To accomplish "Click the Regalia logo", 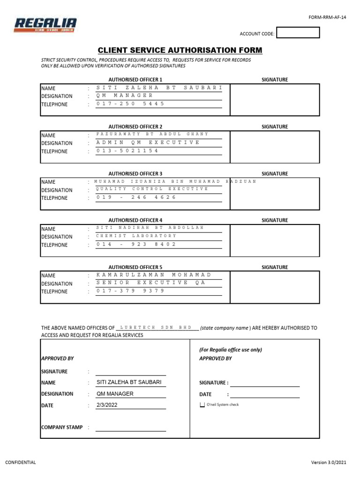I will [45, 25].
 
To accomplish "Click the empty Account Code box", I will [298, 33].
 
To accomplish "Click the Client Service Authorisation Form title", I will [180, 51].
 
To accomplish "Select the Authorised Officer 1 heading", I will [135, 80].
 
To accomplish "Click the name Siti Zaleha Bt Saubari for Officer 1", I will [159, 88].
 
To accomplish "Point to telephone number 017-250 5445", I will [130, 104].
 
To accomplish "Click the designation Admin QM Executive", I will [148, 142].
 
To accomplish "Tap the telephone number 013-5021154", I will [127, 151].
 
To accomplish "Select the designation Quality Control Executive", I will [152, 189].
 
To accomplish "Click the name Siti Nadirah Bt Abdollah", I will [150, 228].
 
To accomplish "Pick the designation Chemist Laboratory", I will [136, 236].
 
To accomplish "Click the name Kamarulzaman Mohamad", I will [154, 275].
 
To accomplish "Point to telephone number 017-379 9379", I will [130, 291].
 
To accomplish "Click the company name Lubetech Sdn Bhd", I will [156, 328].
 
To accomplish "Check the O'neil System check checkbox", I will [202, 405].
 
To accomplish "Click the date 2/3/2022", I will [107, 405].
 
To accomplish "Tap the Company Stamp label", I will [62, 427].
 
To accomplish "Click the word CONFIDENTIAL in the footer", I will [20, 463].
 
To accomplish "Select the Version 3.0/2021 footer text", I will [329, 463].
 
